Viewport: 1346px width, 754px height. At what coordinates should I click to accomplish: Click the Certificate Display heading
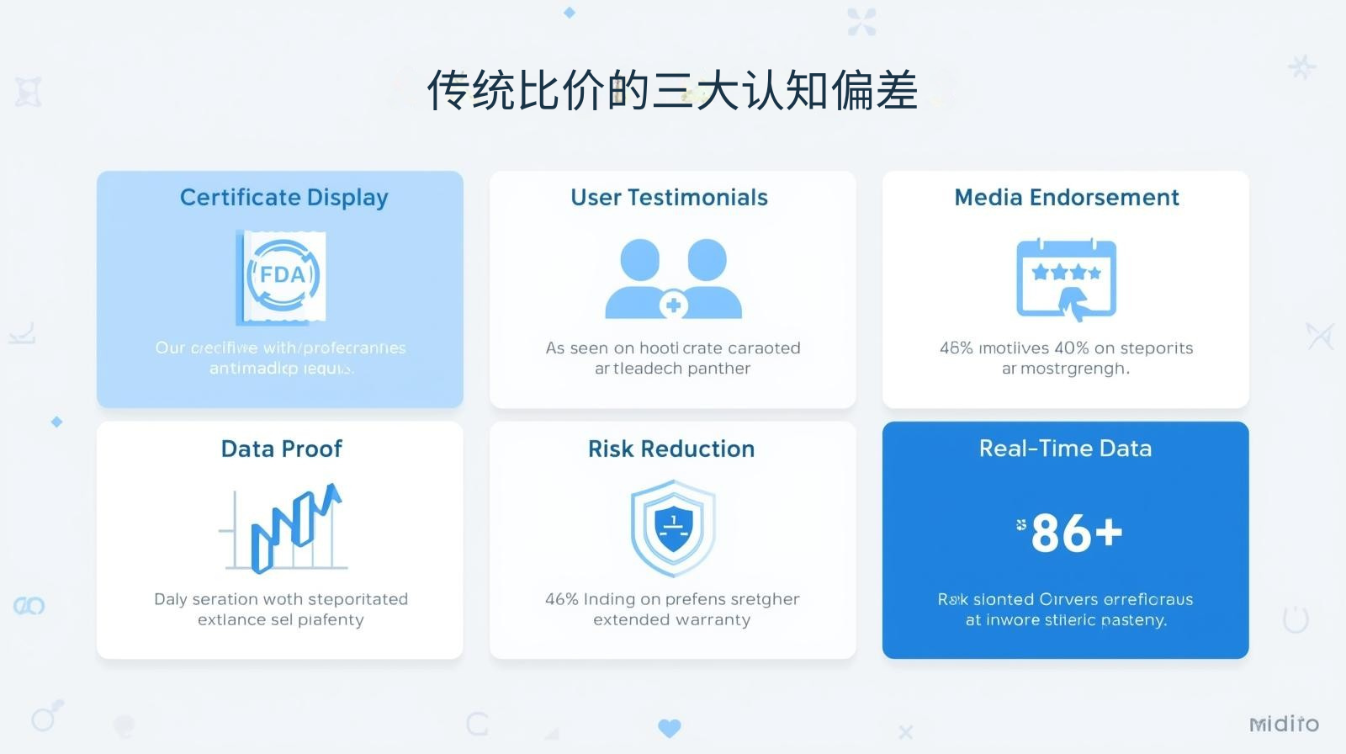pos(284,198)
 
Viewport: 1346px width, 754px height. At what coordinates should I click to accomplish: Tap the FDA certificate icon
pos(282,277)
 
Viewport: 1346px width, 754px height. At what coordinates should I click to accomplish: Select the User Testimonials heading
pos(669,198)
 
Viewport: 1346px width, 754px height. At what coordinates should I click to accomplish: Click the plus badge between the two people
pos(673,305)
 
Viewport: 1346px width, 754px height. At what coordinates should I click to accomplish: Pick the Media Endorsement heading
pos(1066,198)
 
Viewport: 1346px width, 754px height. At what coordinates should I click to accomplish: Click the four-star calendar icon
pos(1066,279)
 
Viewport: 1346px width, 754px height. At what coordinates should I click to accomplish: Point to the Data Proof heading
pos(281,449)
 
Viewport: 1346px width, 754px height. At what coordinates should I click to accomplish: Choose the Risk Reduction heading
pos(671,449)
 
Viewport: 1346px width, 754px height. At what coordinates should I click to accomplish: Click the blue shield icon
pos(673,528)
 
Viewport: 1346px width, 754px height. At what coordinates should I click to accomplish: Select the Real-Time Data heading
pos(1065,449)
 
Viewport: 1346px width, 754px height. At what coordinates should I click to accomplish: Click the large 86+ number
pos(1076,533)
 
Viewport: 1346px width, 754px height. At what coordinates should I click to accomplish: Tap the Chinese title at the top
pos(671,90)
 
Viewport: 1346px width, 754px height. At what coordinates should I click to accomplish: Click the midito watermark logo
pos(1284,724)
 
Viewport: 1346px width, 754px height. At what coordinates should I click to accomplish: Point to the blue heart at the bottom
pos(670,728)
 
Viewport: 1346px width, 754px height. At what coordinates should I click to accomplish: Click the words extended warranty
pos(671,620)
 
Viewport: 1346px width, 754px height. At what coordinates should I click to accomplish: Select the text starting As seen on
pos(672,348)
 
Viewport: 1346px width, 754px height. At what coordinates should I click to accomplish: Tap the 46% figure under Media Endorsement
pos(956,348)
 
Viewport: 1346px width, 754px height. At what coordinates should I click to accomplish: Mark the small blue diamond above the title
pos(570,13)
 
